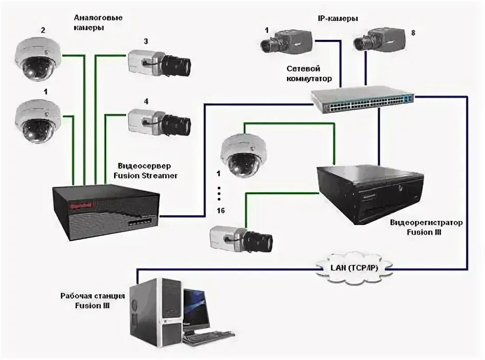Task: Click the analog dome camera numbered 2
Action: point(38,59)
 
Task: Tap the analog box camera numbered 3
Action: point(159,63)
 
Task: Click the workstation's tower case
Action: point(156,314)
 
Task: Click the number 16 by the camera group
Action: point(220,211)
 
